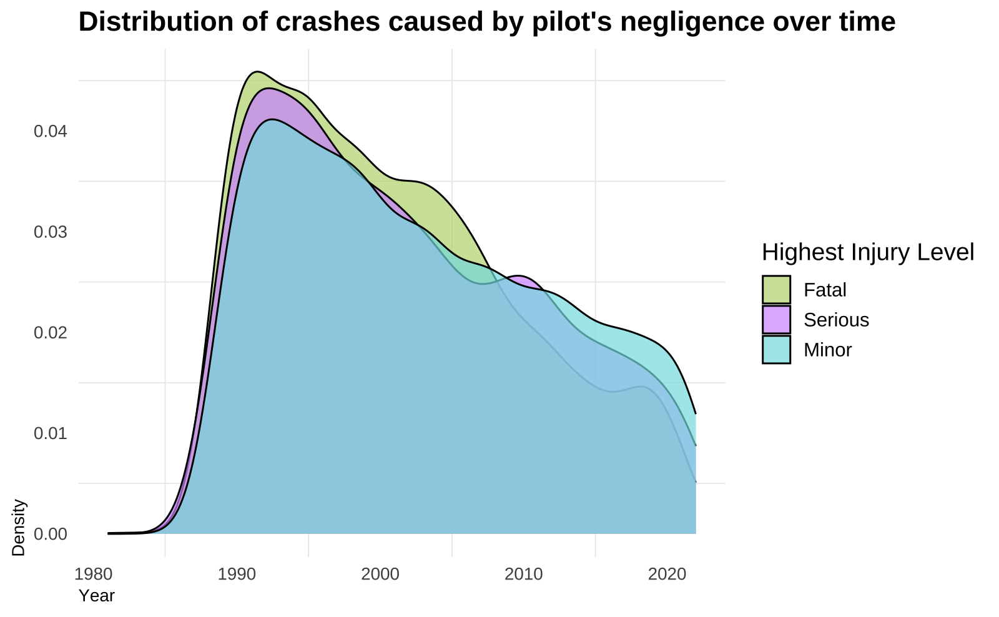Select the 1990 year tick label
point(236,574)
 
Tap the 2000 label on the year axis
point(380,574)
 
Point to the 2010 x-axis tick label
point(523,574)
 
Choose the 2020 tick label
point(667,574)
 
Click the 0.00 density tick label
point(51,534)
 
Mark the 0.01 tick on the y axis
point(51,433)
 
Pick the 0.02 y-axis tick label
point(51,333)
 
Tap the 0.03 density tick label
point(51,232)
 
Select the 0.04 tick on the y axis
point(51,132)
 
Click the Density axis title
point(19,527)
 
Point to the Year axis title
point(97,596)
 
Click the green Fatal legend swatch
point(776,290)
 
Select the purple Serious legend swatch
point(776,320)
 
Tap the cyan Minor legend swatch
point(776,350)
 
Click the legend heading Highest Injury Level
point(868,252)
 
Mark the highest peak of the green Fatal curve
point(257,72)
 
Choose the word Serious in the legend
point(836,320)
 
